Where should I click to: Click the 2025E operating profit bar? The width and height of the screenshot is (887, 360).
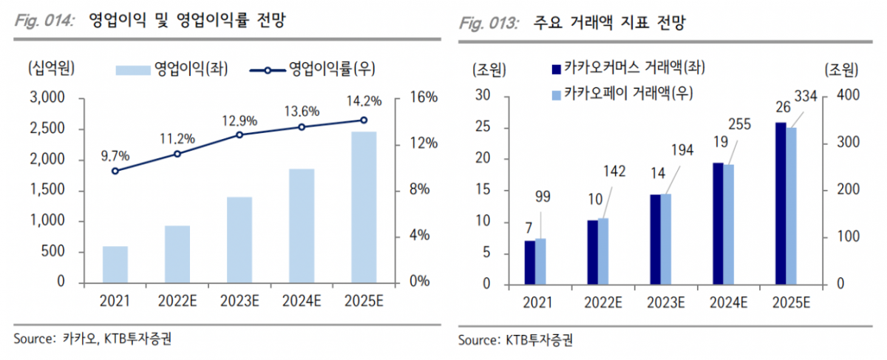click(x=364, y=207)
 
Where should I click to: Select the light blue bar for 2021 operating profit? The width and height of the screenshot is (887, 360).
click(x=115, y=265)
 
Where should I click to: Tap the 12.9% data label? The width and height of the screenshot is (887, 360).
click(x=239, y=120)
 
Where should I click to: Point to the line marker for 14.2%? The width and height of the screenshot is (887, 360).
click(x=364, y=120)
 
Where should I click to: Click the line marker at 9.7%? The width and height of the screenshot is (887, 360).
click(x=115, y=171)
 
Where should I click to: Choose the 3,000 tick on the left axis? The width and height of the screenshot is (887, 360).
click(x=47, y=98)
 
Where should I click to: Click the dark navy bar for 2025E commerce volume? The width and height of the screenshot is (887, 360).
click(x=781, y=203)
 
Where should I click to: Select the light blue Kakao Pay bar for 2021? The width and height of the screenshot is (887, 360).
click(x=540, y=261)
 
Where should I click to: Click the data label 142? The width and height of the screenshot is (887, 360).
click(x=614, y=171)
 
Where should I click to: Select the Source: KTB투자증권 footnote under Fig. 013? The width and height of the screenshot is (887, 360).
click(x=516, y=341)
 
